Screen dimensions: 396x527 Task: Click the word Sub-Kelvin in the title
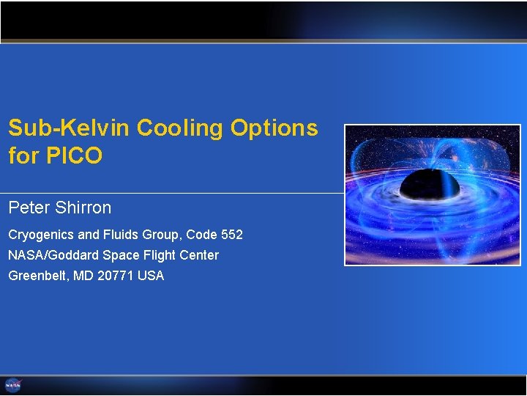coord(69,128)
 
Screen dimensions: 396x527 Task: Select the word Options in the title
coord(274,129)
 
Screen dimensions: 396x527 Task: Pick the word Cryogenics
coord(41,235)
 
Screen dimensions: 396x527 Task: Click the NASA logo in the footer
coord(13,385)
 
